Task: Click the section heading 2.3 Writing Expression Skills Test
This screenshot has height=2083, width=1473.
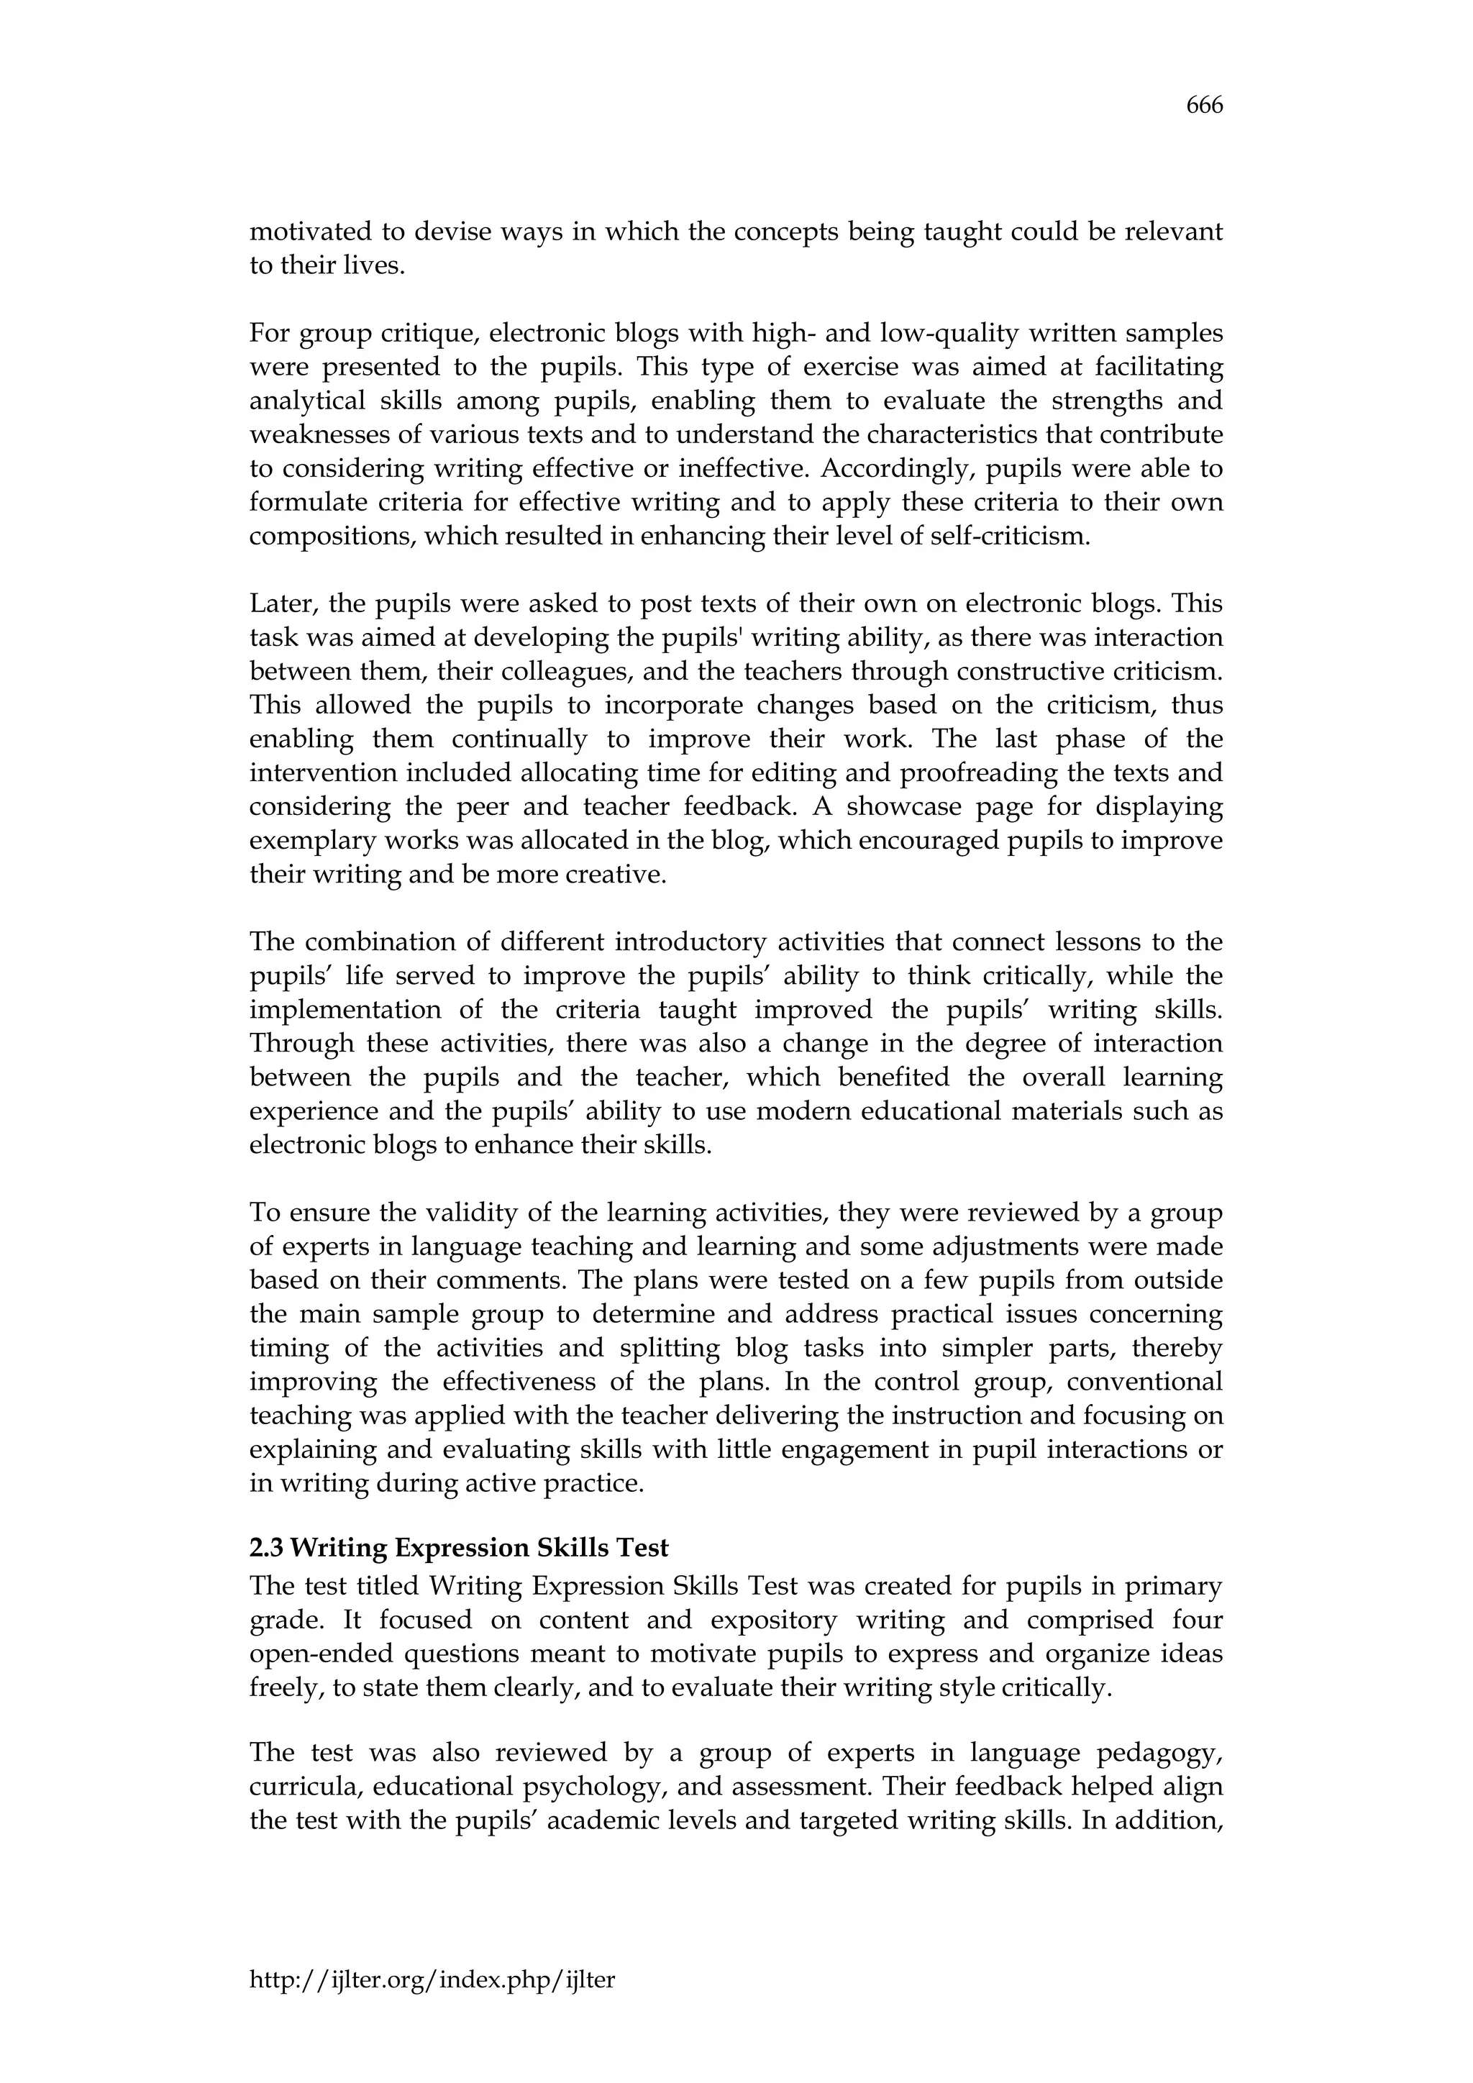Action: coord(459,1547)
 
